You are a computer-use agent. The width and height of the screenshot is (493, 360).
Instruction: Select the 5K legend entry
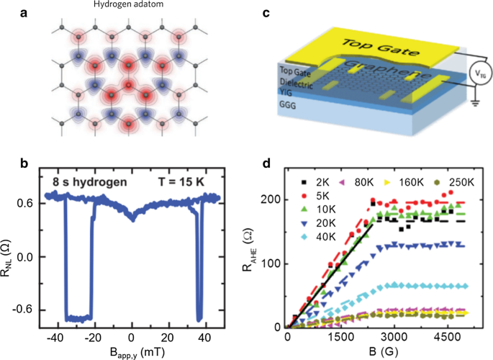[x=331, y=195]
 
